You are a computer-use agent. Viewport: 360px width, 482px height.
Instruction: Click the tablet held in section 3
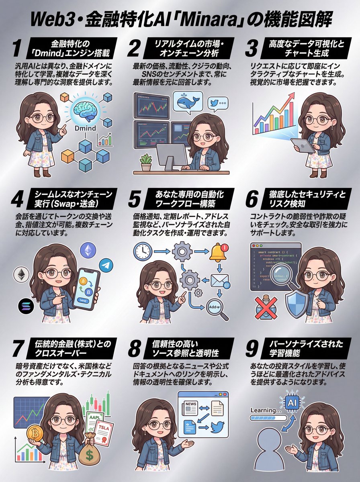(303, 145)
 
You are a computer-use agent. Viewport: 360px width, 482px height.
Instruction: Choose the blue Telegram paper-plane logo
(105, 266)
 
